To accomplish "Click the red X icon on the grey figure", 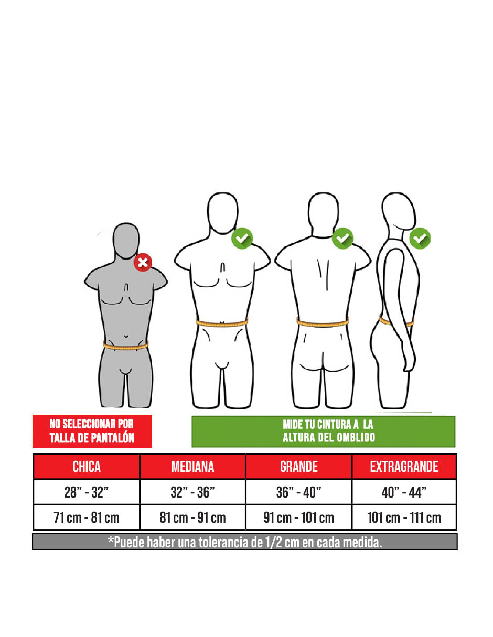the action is pos(143,262).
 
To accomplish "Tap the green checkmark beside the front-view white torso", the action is pos(242,239).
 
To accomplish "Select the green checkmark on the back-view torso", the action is pos(342,239).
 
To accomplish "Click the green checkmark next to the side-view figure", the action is pos(420,239).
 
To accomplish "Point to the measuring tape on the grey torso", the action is pos(126,346).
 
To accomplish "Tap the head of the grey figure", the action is pos(126,241).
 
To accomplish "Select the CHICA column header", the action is pos(87,467).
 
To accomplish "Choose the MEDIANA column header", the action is pos(192,467).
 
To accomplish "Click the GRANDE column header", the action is pos(298,467).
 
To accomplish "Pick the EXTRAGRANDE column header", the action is pos(404,467).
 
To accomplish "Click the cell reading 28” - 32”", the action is pos(87,492).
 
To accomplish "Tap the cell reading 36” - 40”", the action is pos(298,492).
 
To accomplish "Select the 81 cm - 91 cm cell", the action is pos(192,517).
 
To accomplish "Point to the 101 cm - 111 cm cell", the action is pos(404,517).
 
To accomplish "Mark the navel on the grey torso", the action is pos(126,336).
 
